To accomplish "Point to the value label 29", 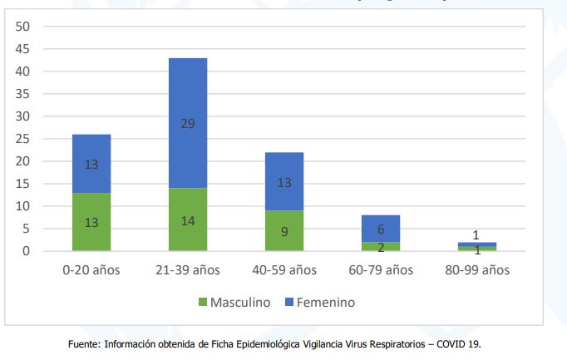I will [188, 123].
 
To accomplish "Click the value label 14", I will [188, 221].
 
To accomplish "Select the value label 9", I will [284, 232].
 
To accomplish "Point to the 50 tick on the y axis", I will [23, 27].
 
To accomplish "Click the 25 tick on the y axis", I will [23, 139].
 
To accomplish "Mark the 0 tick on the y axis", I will [27, 251].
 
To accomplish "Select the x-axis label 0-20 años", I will [91, 270].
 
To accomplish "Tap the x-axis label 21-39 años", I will [188, 270].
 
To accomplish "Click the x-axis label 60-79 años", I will [381, 270].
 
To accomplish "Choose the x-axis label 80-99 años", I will [477, 270].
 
